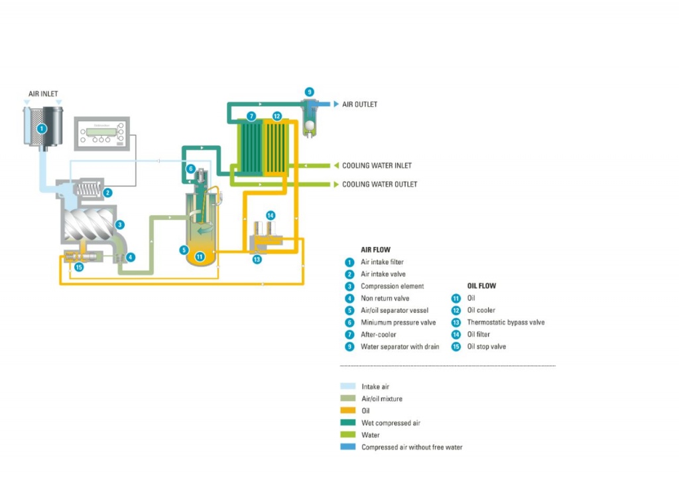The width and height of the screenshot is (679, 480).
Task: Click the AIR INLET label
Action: click(43, 94)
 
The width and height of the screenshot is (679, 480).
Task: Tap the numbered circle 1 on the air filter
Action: click(41, 128)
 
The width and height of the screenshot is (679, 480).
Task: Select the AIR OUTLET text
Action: click(359, 104)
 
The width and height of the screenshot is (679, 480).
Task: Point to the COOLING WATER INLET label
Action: click(377, 165)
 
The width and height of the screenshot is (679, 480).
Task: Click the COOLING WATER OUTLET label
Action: click(379, 184)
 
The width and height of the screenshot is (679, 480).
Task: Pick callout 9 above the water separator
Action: click(309, 92)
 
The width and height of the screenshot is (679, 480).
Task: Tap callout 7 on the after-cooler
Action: click(251, 116)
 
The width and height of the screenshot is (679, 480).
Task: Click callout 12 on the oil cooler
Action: click(277, 116)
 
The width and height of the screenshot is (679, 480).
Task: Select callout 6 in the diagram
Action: click(190, 169)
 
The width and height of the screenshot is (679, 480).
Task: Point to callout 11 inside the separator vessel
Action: click(200, 256)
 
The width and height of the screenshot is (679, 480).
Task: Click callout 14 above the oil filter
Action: click(270, 215)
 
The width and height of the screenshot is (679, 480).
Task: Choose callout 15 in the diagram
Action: click(79, 267)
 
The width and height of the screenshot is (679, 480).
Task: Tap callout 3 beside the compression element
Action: click(120, 225)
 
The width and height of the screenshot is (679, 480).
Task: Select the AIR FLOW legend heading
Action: click(375, 250)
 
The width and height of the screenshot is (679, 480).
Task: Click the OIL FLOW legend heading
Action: click(481, 286)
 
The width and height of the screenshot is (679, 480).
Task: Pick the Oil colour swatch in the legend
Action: click(348, 410)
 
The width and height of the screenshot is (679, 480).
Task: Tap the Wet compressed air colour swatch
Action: click(348, 423)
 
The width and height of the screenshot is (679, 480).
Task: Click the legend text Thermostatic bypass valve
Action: click(505, 322)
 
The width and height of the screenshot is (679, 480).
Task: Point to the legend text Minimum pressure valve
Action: click(398, 322)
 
